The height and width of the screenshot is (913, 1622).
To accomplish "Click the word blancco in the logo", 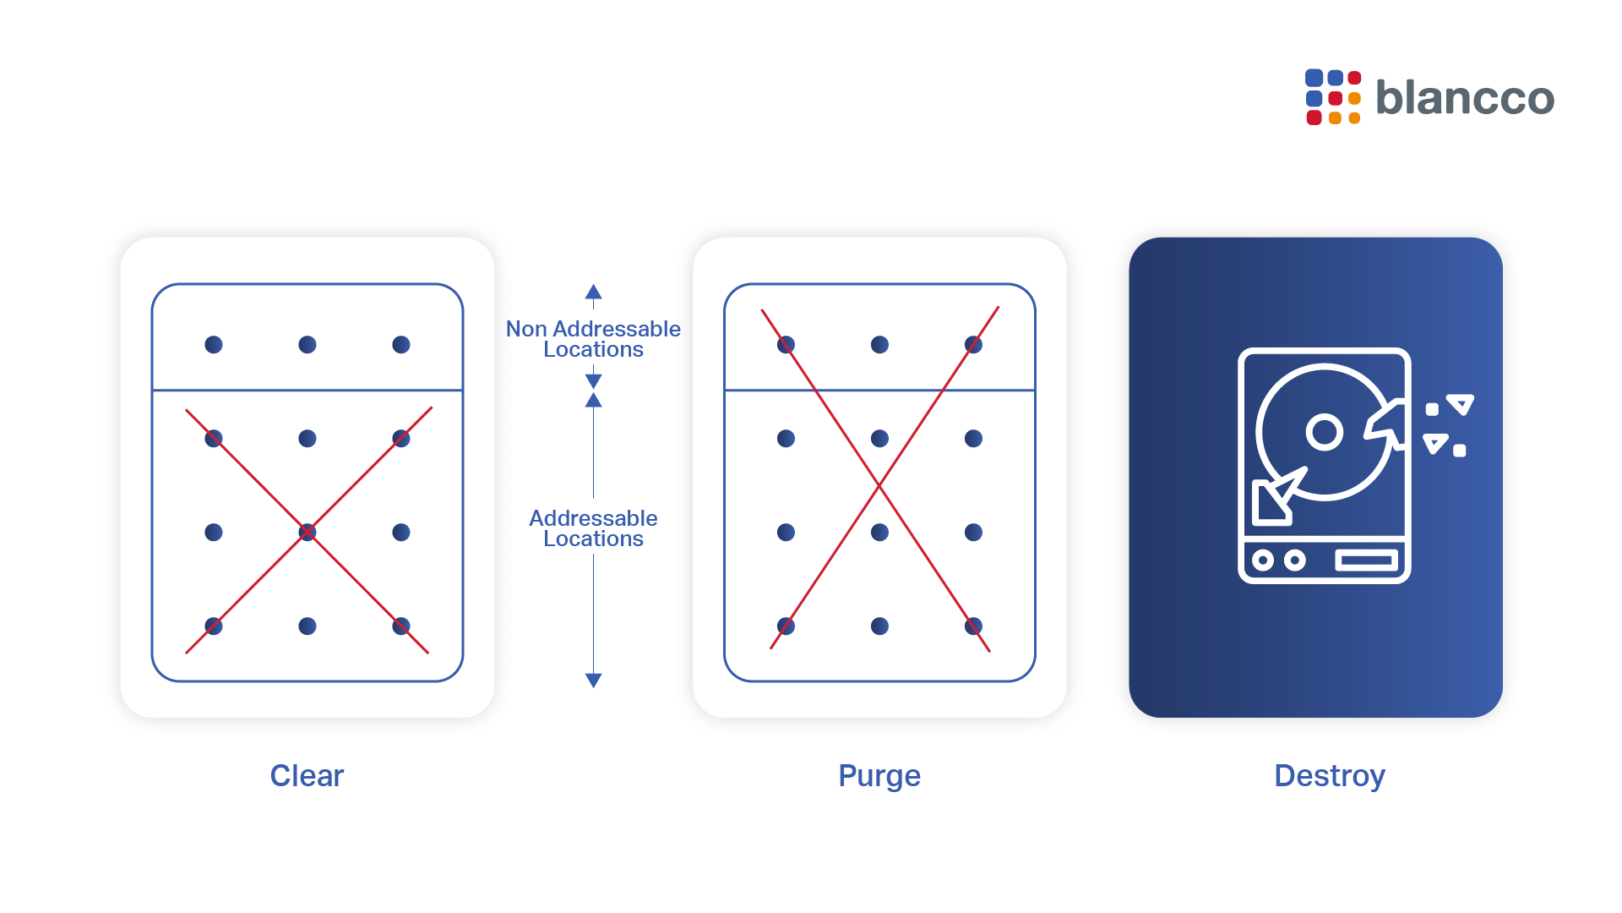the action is [1465, 96].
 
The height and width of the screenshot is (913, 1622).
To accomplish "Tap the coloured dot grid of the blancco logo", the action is [1333, 97].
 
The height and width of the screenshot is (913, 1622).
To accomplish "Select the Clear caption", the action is [307, 775].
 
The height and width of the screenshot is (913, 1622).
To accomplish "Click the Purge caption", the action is [879, 776].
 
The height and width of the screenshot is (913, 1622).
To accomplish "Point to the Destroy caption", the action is [1330, 776].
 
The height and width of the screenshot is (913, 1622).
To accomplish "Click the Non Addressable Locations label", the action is [593, 339].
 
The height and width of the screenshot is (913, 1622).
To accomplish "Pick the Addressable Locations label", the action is [593, 528].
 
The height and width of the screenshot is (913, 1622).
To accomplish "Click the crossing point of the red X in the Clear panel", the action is [308, 532].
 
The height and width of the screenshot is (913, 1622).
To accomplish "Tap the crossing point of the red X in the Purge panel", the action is [879, 485].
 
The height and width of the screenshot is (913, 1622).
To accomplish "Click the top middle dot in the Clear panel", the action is [308, 345].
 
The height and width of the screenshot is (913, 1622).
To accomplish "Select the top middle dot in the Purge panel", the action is [879, 345].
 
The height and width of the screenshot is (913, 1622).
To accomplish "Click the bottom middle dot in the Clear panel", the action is [308, 626].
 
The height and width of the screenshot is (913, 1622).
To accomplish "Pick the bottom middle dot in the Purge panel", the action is [879, 626].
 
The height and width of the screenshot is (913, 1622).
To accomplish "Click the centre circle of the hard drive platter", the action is [1325, 432].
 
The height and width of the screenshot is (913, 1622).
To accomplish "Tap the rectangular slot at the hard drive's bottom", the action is [1367, 560].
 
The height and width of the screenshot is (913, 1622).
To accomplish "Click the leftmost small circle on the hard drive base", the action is [1263, 560].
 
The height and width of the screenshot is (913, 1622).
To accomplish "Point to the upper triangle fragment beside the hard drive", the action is [1461, 404].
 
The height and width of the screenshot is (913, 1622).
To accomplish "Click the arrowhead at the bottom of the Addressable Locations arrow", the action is [593, 681].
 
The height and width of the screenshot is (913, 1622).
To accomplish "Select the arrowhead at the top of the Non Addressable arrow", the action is [593, 292].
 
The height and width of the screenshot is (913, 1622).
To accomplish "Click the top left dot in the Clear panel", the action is [214, 345].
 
